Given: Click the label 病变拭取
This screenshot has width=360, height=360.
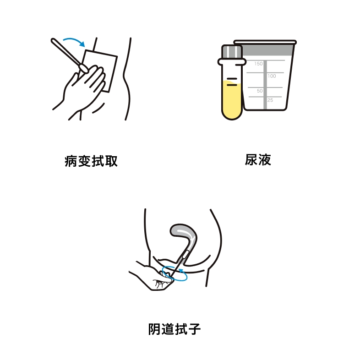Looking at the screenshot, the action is [x=91, y=161].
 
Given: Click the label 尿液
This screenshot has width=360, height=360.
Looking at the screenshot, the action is [x=258, y=160].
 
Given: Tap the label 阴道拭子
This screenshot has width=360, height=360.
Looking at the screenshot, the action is [x=175, y=329].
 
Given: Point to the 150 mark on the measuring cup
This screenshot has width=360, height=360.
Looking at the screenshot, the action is [x=258, y=64].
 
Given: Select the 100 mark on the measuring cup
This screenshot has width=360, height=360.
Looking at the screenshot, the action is [x=272, y=76].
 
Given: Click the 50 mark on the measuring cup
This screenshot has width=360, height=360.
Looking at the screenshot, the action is [x=260, y=91].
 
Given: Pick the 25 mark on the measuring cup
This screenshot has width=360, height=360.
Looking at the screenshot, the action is [x=270, y=100].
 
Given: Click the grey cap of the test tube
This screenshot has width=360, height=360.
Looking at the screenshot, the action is [x=232, y=52].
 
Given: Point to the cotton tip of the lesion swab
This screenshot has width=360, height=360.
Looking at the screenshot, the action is [x=83, y=68].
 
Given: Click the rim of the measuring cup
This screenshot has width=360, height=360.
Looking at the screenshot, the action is [x=265, y=42].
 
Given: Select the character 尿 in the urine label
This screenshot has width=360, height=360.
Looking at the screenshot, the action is [x=251, y=160].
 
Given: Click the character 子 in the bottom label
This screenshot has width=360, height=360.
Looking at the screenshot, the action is [x=195, y=329].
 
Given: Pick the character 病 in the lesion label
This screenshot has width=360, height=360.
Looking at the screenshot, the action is [x=71, y=161].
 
